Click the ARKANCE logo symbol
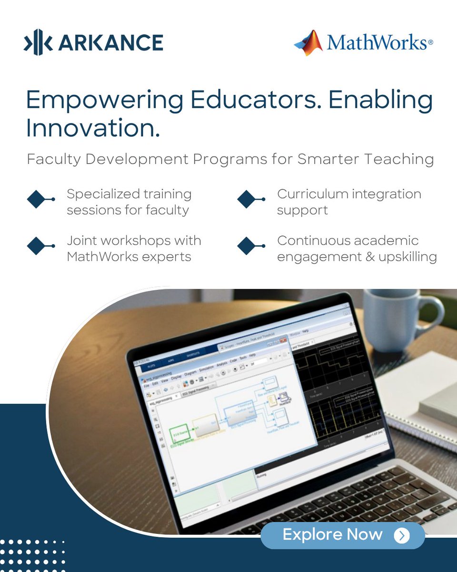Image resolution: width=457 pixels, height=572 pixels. (38, 42)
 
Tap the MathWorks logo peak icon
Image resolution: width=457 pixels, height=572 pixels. (309, 42)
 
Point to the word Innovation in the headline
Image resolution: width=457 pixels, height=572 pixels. (92, 128)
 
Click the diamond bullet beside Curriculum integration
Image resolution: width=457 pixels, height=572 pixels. (247, 199)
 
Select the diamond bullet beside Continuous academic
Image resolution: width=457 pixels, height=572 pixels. (247, 246)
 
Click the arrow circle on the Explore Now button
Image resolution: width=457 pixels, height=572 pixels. (402, 536)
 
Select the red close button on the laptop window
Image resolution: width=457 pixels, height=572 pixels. (283, 340)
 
